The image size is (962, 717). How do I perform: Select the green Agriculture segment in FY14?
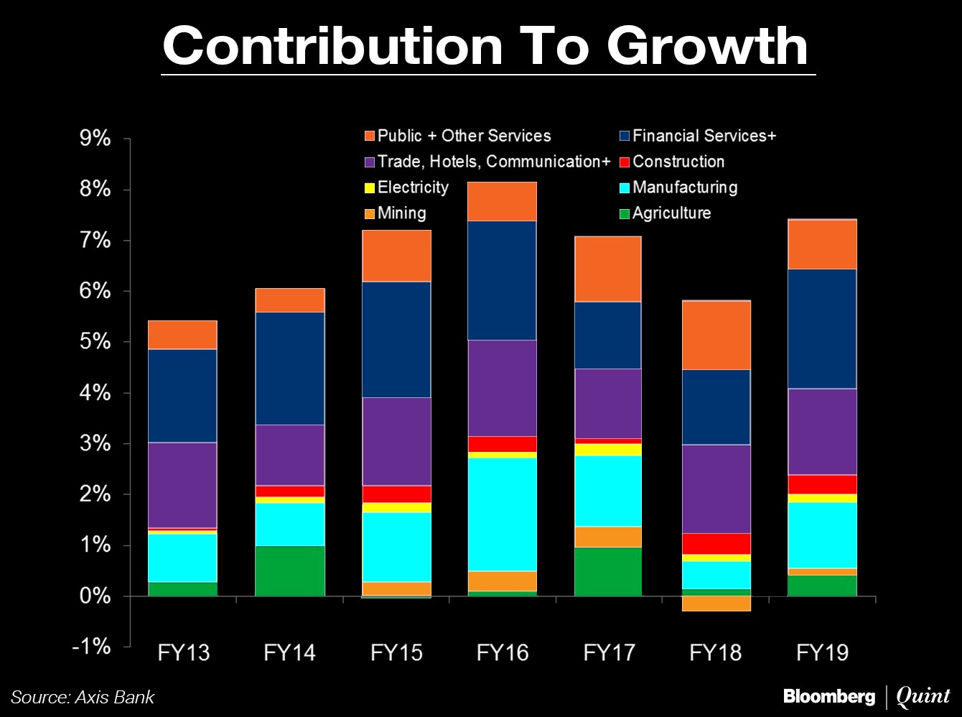[289, 570]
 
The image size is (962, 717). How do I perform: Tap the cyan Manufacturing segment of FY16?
[502, 514]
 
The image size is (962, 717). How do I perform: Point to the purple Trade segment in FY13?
[183, 485]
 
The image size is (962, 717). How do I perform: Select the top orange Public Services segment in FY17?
[608, 269]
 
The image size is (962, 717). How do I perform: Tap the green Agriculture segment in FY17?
[608, 571]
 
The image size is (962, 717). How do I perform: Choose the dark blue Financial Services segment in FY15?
[396, 339]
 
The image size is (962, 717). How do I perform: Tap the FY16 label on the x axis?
[502, 652]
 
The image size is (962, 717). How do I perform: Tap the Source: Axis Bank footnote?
[83, 697]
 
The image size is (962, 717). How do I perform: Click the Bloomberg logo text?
[828, 696]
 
